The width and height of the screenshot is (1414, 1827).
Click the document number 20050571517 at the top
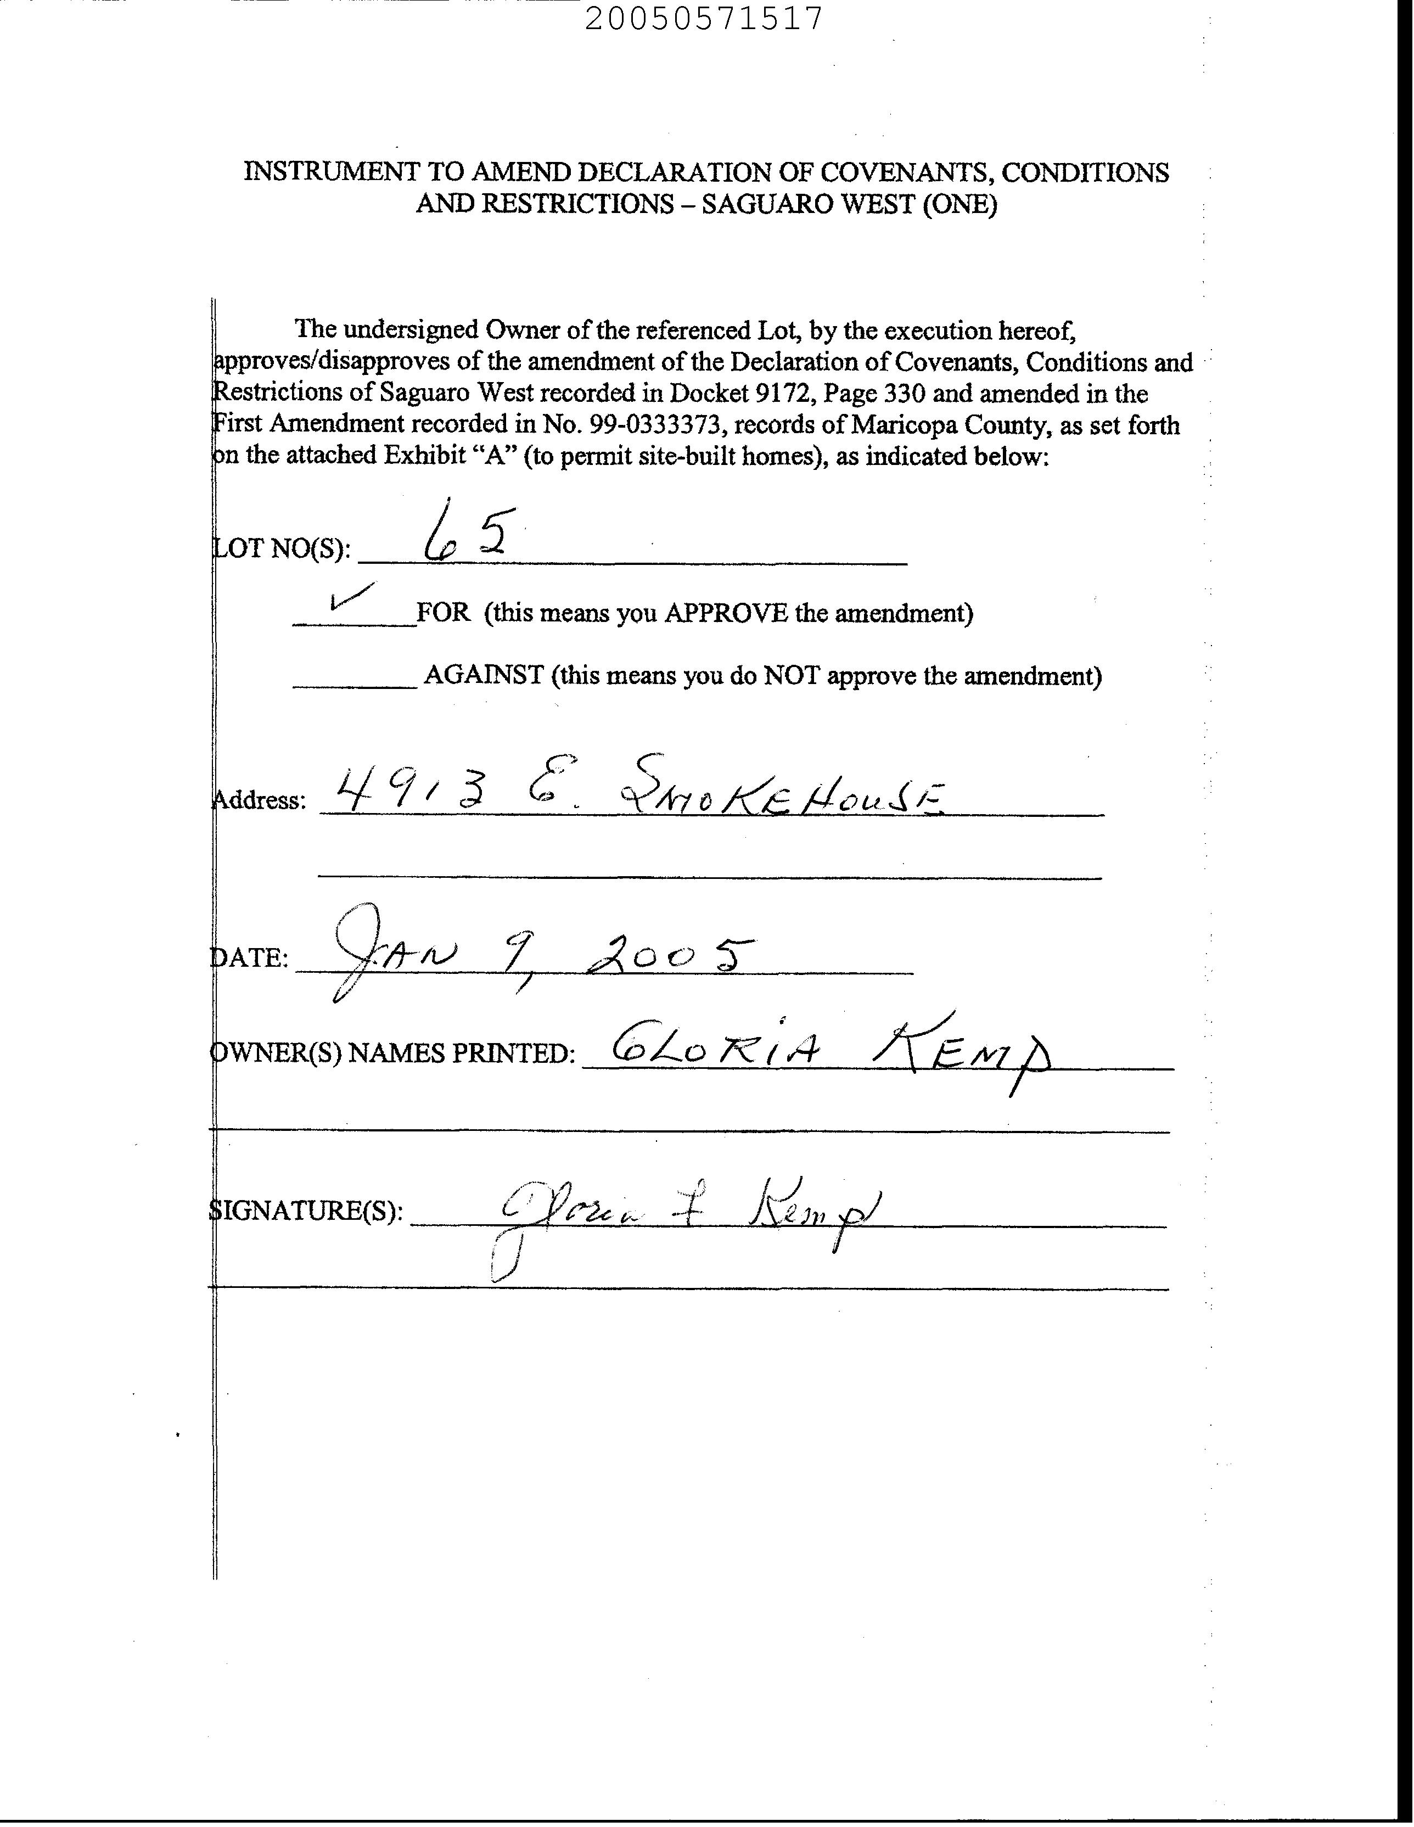click(704, 19)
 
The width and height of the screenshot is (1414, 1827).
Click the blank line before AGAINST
click(354, 686)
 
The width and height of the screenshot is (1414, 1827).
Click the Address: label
click(260, 800)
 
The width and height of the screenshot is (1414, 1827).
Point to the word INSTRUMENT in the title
click(332, 172)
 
